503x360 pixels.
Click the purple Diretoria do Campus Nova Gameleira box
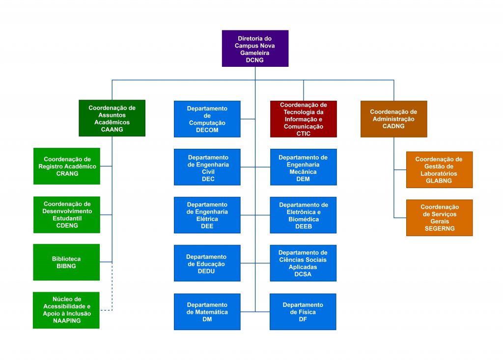click(x=255, y=49)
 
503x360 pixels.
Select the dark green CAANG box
click(x=112, y=118)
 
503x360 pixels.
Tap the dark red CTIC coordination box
click(x=304, y=119)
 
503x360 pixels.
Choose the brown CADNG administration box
click(x=393, y=119)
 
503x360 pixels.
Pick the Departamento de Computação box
click(x=207, y=119)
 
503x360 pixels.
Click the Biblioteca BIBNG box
click(x=66, y=262)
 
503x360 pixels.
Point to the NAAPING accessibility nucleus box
click(x=66, y=310)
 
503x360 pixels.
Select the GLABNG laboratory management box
click(x=440, y=170)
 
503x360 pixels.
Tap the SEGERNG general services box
click(x=440, y=218)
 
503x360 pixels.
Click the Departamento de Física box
click(x=303, y=311)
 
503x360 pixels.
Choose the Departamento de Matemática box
click(x=207, y=311)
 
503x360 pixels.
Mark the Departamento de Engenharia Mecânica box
click(x=304, y=167)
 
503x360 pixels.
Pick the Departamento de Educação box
click(x=207, y=263)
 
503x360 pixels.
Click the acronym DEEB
click(x=304, y=226)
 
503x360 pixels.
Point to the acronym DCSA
click(x=303, y=275)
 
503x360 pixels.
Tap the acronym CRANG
click(x=67, y=173)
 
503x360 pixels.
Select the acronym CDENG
click(x=67, y=225)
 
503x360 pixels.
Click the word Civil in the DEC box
click(x=208, y=172)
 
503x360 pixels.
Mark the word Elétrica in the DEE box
click(x=207, y=219)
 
